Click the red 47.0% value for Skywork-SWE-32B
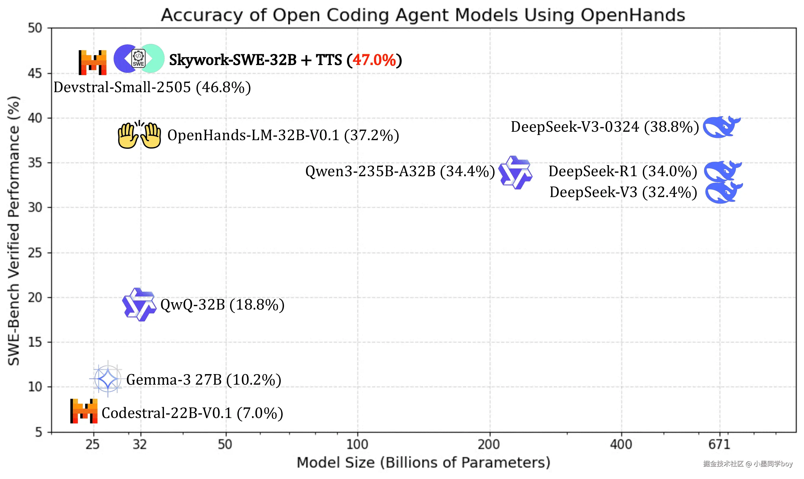(374, 60)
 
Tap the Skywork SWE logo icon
(139, 59)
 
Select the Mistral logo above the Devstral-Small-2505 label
(93, 62)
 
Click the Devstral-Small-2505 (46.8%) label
(152, 87)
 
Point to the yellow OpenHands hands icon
(139, 135)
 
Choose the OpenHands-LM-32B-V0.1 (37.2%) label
(283, 135)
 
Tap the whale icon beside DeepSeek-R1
(723, 171)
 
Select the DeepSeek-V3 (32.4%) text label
(623, 192)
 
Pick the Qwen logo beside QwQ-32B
(139, 304)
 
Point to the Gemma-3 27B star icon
(107, 378)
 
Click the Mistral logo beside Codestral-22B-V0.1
(84, 411)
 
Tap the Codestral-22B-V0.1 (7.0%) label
(192, 413)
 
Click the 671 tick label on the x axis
(719, 445)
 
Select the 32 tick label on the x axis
(140, 445)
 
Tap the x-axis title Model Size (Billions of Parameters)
(423, 462)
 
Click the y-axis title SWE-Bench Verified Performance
(14, 230)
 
